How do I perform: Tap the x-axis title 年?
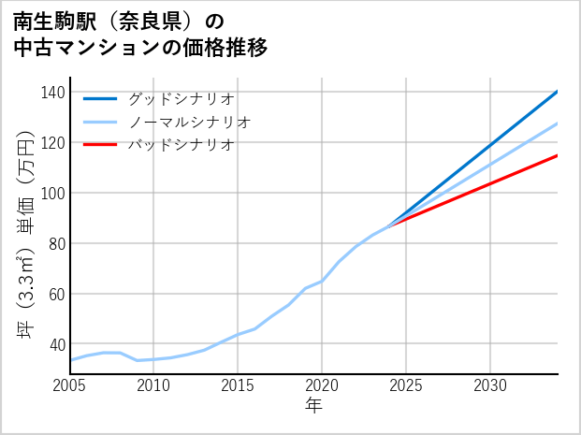(x=314, y=406)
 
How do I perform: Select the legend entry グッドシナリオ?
(x=182, y=98)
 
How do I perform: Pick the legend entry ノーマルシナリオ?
(x=190, y=122)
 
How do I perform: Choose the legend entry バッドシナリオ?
(x=182, y=145)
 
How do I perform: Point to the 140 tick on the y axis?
(x=53, y=93)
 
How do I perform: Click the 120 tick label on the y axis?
(x=53, y=143)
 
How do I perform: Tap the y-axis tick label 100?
(x=53, y=194)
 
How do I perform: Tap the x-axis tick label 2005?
(x=70, y=385)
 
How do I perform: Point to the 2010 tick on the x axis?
(x=154, y=385)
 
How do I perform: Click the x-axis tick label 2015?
(x=238, y=385)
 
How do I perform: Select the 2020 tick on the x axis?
(x=322, y=385)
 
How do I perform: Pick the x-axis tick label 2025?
(x=406, y=385)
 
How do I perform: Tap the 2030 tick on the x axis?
(x=490, y=385)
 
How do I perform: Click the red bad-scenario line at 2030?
(x=490, y=182)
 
